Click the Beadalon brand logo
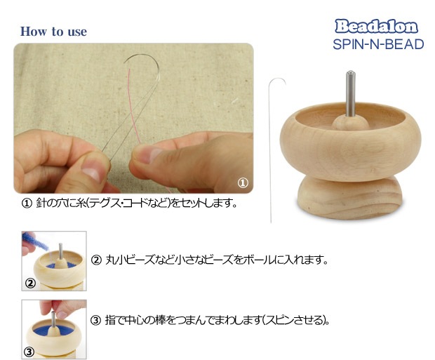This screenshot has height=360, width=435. (376, 27)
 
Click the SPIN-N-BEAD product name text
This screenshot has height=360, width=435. (378, 44)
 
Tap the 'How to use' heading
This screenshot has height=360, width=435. (53, 32)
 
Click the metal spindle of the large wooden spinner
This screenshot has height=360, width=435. (350, 93)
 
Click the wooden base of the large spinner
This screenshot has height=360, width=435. (350, 198)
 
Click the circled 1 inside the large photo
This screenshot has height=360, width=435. (243, 183)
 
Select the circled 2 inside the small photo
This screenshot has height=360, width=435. (30, 283)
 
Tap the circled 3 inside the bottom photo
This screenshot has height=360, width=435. (29, 352)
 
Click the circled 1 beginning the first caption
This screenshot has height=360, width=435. (27, 204)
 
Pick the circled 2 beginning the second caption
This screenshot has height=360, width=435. (96, 260)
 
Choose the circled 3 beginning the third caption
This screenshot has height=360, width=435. (95, 320)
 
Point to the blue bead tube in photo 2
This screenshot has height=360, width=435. (34, 241)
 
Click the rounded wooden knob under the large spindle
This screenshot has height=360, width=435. (350, 122)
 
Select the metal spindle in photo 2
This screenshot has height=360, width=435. (60, 251)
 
